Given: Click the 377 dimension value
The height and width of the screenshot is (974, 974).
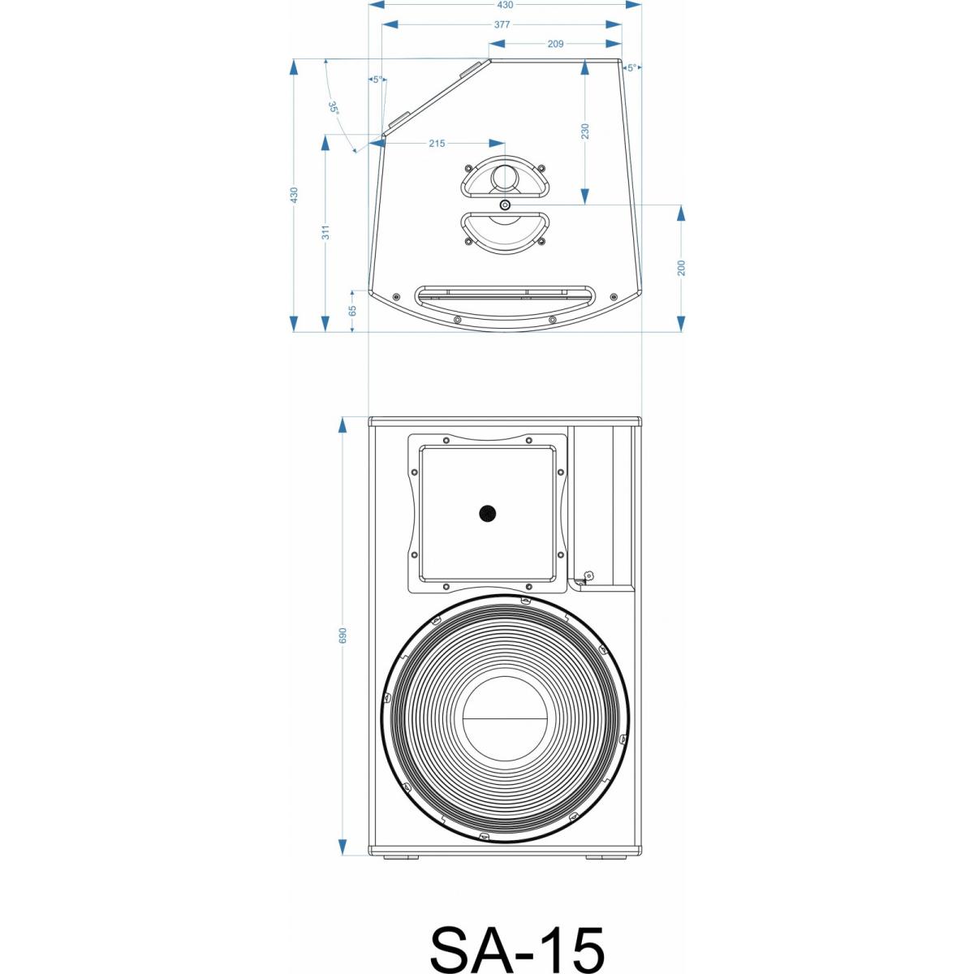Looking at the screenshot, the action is pyautogui.click(x=502, y=24).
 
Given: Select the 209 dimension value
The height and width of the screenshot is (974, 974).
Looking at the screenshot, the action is pyautogui.click(x=555, y=44).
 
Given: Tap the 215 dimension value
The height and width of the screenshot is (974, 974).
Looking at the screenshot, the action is pyautogui.click(x=437, y=144).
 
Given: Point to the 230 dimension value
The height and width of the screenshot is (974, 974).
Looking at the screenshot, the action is pyautogui.click(x=585, y=131).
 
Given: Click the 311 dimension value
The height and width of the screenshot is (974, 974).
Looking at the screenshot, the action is pyautogui.click(x=325, y=233).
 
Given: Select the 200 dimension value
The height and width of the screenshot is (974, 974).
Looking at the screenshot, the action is pyautogui.click(x=682, y=268).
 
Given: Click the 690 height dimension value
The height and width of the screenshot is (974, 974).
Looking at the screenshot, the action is pyautogui.click(x=343, y=635).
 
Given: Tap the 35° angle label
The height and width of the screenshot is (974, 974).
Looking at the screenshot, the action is pyautogui.click(x=334, y=107).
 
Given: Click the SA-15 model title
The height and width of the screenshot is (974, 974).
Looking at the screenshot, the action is pyautogui.click(x=517, y=946).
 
